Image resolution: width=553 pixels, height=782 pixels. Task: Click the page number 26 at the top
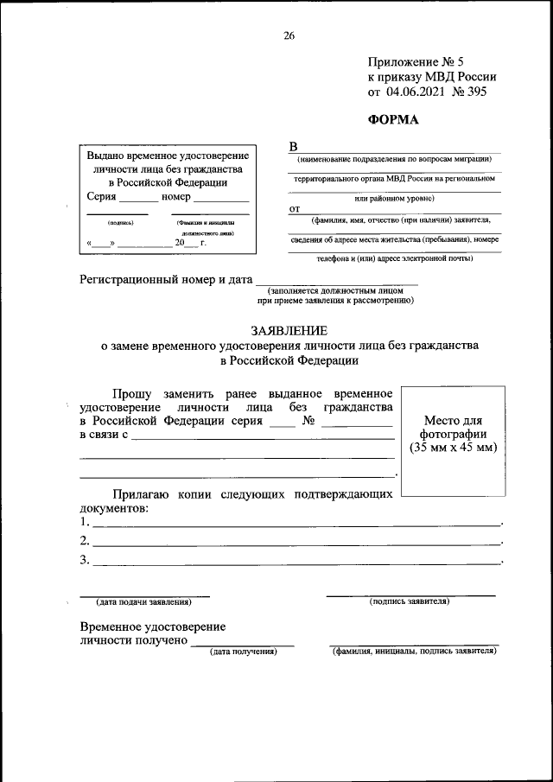(289, 35)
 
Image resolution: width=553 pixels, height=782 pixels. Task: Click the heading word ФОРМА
(393, 120)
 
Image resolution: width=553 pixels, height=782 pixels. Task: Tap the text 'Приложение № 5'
(416, 61)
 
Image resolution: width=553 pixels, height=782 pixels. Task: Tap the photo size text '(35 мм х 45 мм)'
(453, 448)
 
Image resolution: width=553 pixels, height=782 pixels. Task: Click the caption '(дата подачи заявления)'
(143, 601)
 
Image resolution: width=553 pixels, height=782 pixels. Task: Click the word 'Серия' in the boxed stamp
(103, 197)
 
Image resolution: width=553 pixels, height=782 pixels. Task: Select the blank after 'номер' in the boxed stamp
(220, 199)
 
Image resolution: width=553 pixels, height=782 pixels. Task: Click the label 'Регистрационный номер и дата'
(166, 280)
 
